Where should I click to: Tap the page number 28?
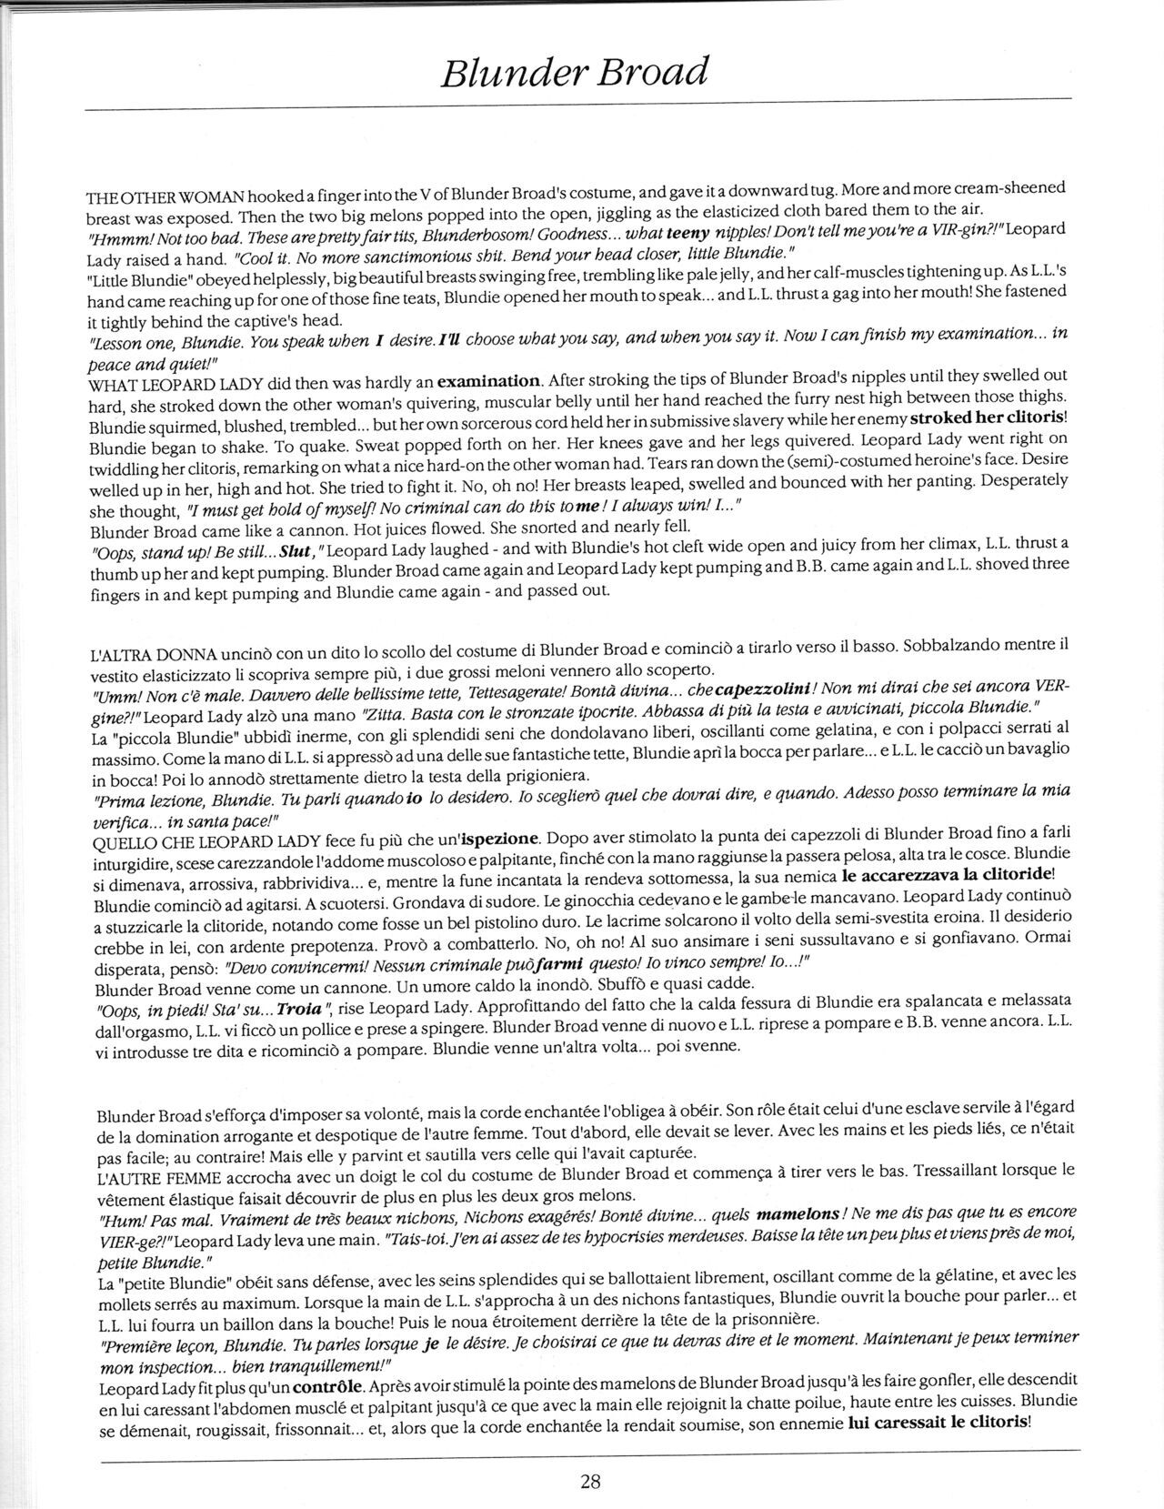click(x=589, y=1479)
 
